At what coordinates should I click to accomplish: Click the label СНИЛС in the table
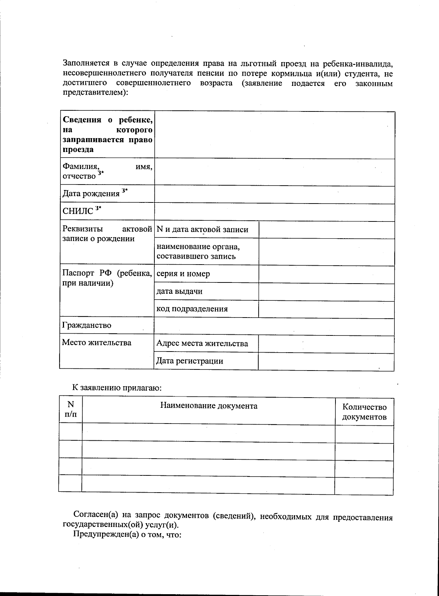(x=78, y=211)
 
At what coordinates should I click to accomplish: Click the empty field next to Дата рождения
(x=274, y=194)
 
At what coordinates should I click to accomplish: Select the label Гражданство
(x=87, y=325)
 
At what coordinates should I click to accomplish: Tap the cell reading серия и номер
(x=183, y=274)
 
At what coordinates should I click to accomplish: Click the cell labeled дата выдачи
(x=179, y=291)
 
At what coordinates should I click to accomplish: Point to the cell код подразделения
(x=192, y=309)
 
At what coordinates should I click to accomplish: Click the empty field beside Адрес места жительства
(x=326, y=344)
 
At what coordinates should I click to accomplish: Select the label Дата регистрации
(x=190, y=361)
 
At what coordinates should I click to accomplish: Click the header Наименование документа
(x=209, y=406)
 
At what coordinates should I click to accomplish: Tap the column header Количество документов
(x=364, y=412)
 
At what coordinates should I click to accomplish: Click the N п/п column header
(x=71, y=409)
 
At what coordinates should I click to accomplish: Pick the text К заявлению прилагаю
(x=116, y=388)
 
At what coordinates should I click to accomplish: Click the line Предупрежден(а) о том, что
(x=127, y=535)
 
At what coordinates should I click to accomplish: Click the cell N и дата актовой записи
(x=202, y=229)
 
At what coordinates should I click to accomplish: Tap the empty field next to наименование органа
(x=326, y=252)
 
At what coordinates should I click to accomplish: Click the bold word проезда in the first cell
(x=78, y=149)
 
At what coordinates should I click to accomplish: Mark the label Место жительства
(x=97, y=342)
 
